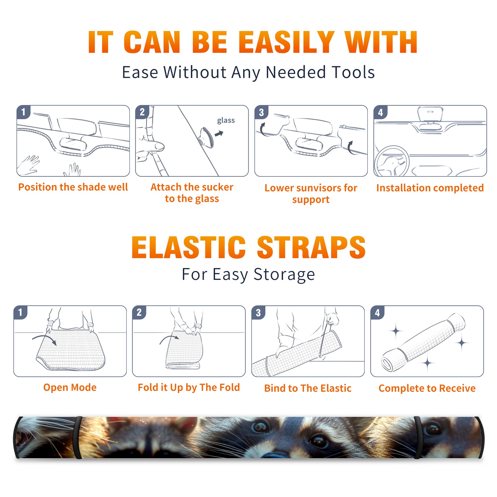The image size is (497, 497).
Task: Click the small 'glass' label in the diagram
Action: tap(226, 121)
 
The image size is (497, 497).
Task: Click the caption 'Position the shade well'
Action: tap(73, 187)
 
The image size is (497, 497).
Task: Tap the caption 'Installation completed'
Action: tap(430, 188)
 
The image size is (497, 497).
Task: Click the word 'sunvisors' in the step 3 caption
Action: tap(314, 188)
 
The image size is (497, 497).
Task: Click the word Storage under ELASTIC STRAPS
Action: tap(284, 275)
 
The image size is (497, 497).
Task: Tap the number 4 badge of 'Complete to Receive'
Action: tap(377, 312)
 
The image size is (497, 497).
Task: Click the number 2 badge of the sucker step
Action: tap(142, 112)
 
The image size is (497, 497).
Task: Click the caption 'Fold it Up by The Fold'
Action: tap(189, 387)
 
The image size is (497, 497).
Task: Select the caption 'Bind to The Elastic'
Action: tap(308, 388)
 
